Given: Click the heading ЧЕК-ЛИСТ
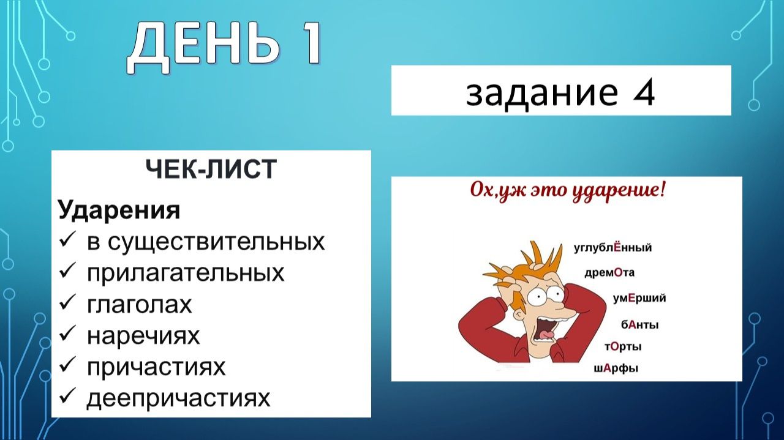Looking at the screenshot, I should click(211, 170).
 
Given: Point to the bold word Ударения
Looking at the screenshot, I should click(119, 211).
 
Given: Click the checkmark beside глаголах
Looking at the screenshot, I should click(67, 304).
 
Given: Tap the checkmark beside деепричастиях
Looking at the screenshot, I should click(67, 398).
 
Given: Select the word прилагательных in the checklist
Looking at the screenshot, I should click(186, 272).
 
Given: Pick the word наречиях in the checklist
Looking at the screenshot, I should click(143, 335).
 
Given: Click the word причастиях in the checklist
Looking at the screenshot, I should click(156, 367).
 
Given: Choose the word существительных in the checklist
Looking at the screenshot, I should click(206, 242).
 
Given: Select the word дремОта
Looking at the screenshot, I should click(609, 273).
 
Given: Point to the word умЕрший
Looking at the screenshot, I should click(639, 299).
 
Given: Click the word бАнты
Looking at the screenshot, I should click(639, 325).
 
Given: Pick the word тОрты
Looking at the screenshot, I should click(623, 347).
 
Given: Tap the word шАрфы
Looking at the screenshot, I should click(616, 368).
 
